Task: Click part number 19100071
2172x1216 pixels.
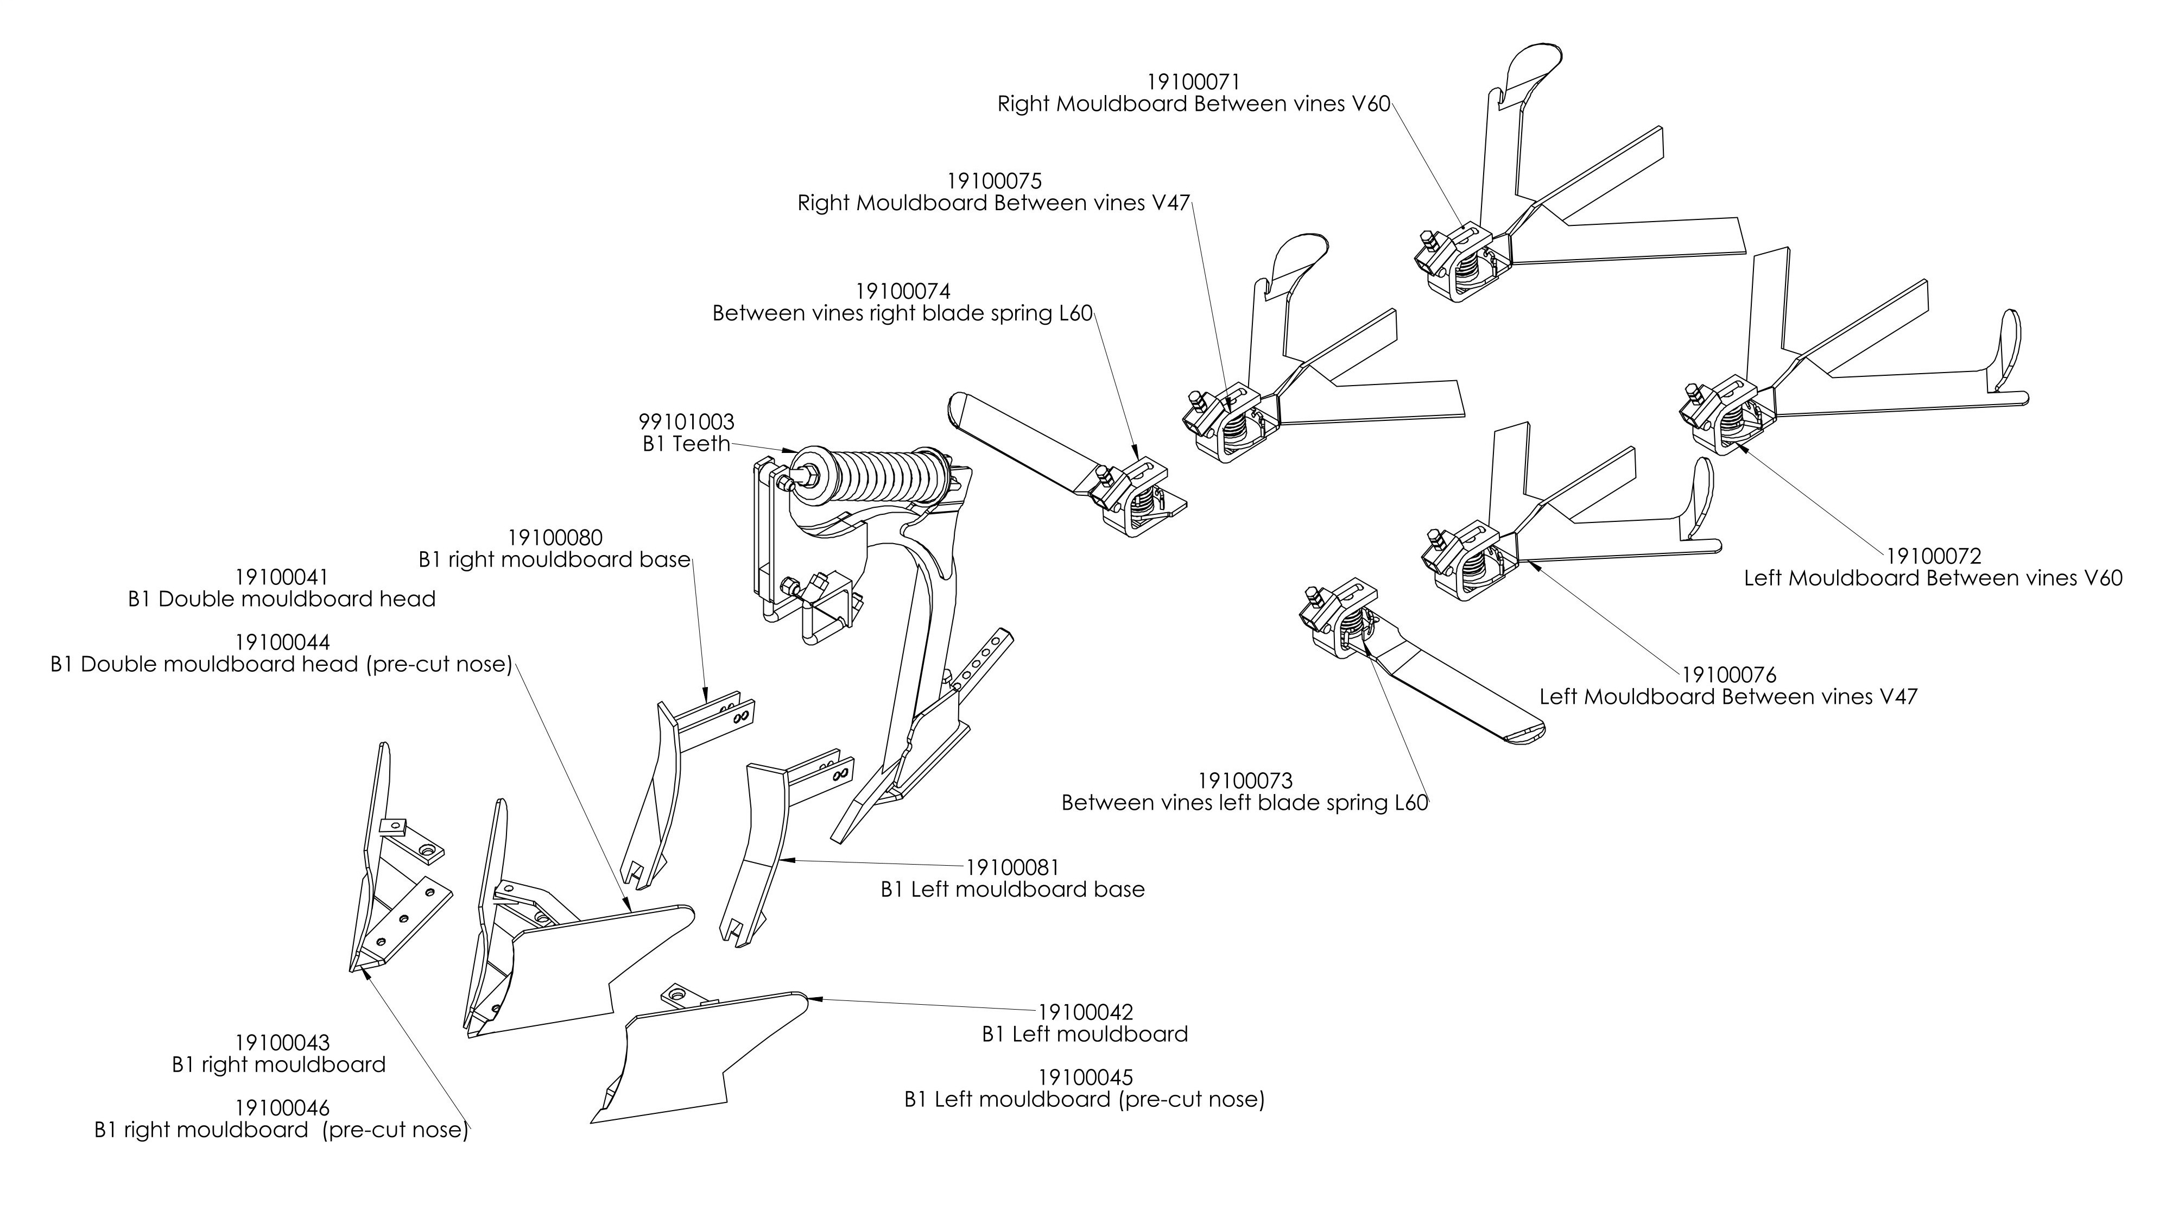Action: [1193, 82]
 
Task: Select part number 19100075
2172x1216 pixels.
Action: [994, 181]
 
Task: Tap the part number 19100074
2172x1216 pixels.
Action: [903, 291]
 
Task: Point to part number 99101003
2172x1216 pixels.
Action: [686, 421]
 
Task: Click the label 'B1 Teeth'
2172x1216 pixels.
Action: [686, 444]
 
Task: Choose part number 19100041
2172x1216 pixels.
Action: [282, 578]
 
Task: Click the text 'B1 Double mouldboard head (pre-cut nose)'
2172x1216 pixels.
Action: [282, 665]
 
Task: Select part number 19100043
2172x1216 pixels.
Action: [282, 1043]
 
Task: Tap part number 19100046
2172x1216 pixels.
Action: [282, 1108]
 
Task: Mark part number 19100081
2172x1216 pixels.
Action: [1012, 867]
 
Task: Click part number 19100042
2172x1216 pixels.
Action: [1085, 1012]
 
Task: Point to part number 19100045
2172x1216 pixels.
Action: [1085, 1078]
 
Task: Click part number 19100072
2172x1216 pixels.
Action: [1933, 557]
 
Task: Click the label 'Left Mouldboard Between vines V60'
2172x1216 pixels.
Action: [1933, 578]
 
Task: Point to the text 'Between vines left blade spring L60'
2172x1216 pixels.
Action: [1244, 803]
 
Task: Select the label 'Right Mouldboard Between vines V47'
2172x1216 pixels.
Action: [994, 203]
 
